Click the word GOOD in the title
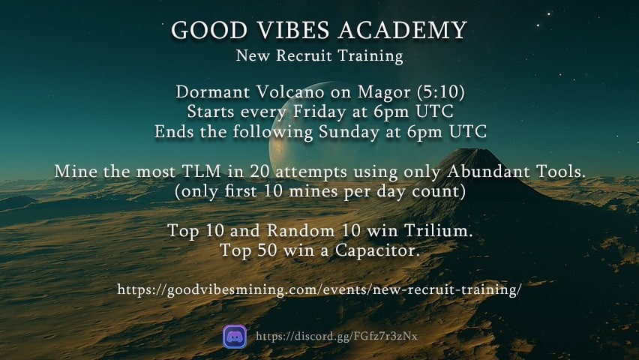pyautogui.click(x=202, y=31)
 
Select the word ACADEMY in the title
pyautogui.click(x=400, y=31)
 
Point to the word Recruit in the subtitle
pyautogui.click(x=310, y=56)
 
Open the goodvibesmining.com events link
pyautogui.click(x=319, y=289)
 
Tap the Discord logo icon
pyautogui.click(x=235, y=336)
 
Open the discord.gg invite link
pyautogui.click(x=336, y=336)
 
